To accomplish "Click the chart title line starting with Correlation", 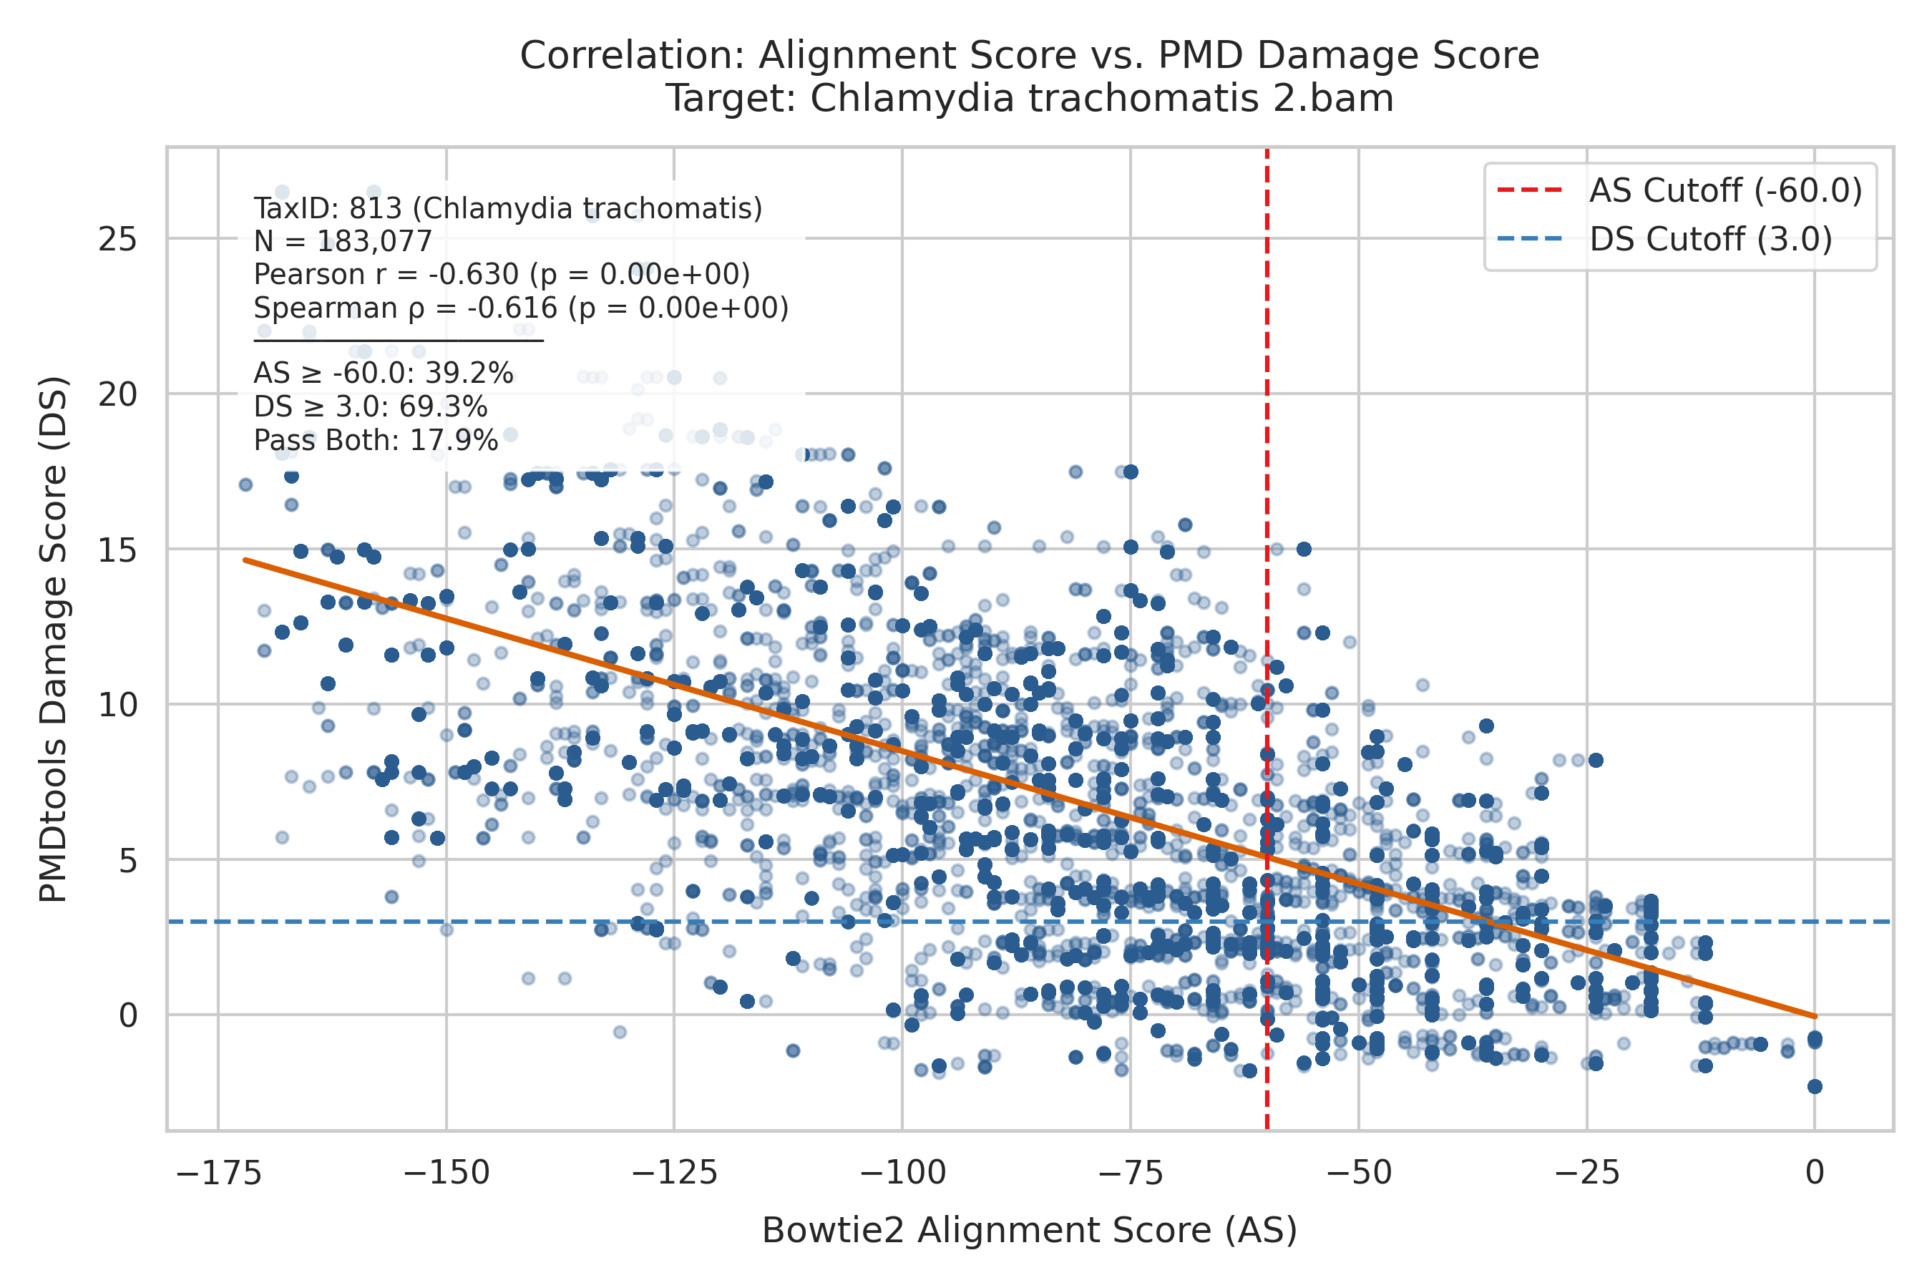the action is coord(1029,56).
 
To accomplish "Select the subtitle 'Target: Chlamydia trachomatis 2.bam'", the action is coord(1029,99).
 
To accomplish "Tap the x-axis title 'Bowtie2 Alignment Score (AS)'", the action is coord(1029,1229).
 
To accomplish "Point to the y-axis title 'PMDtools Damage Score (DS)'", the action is coord(54,639).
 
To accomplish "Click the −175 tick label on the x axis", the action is coord(218,1173).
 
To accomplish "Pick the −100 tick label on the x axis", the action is coord(902,1173).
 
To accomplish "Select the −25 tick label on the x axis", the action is coord(1587,1173).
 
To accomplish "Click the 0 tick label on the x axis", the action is coord(1815,1173).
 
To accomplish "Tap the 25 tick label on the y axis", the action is coord(117,240).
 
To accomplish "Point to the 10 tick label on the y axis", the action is coord(117,705).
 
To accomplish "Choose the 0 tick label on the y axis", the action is coord(128,1015).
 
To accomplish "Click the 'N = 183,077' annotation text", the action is coord(343,242).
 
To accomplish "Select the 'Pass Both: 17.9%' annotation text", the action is coord(376,441).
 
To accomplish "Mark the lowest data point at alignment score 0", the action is coord(1815,1087).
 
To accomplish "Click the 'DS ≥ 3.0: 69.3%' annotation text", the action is coord(371,407).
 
